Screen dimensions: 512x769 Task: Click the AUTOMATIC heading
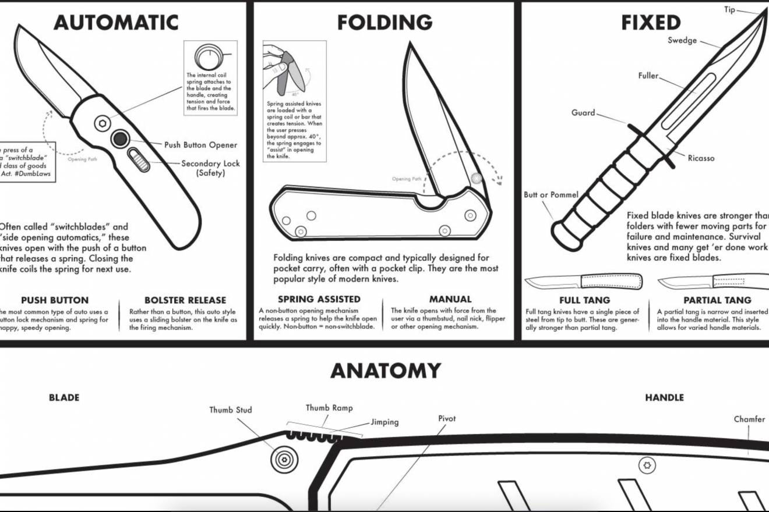[x=116, y=23]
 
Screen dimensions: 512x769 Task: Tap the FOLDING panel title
[x=384, y=23]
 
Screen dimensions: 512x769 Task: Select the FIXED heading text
[x=650, y=23]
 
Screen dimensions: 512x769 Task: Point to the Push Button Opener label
[x=200, y=145]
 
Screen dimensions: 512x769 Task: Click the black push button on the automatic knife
[x=121, y=138]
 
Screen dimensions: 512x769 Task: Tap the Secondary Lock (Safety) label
[x=210, y=168]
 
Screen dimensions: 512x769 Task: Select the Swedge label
[x=682, y=40]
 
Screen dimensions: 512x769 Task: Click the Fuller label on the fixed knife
[x=648, y=76]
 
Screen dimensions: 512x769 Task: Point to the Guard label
[x=583, y=113]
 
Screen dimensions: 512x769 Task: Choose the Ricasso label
[x=701, y=158]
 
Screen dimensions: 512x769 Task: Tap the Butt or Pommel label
[x=551, y=195]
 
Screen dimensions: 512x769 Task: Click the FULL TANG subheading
[x=584, y=300]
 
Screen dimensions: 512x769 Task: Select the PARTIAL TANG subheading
[x=718, y=300]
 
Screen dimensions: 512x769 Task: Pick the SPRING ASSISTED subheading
[x=319, y=300]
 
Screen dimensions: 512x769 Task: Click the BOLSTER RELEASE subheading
[x=185, y=300]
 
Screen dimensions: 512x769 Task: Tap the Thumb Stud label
[x=231, y=410]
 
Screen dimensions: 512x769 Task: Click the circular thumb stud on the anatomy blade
[x=284, y=457]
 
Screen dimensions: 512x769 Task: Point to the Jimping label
[x=384, y=422]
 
